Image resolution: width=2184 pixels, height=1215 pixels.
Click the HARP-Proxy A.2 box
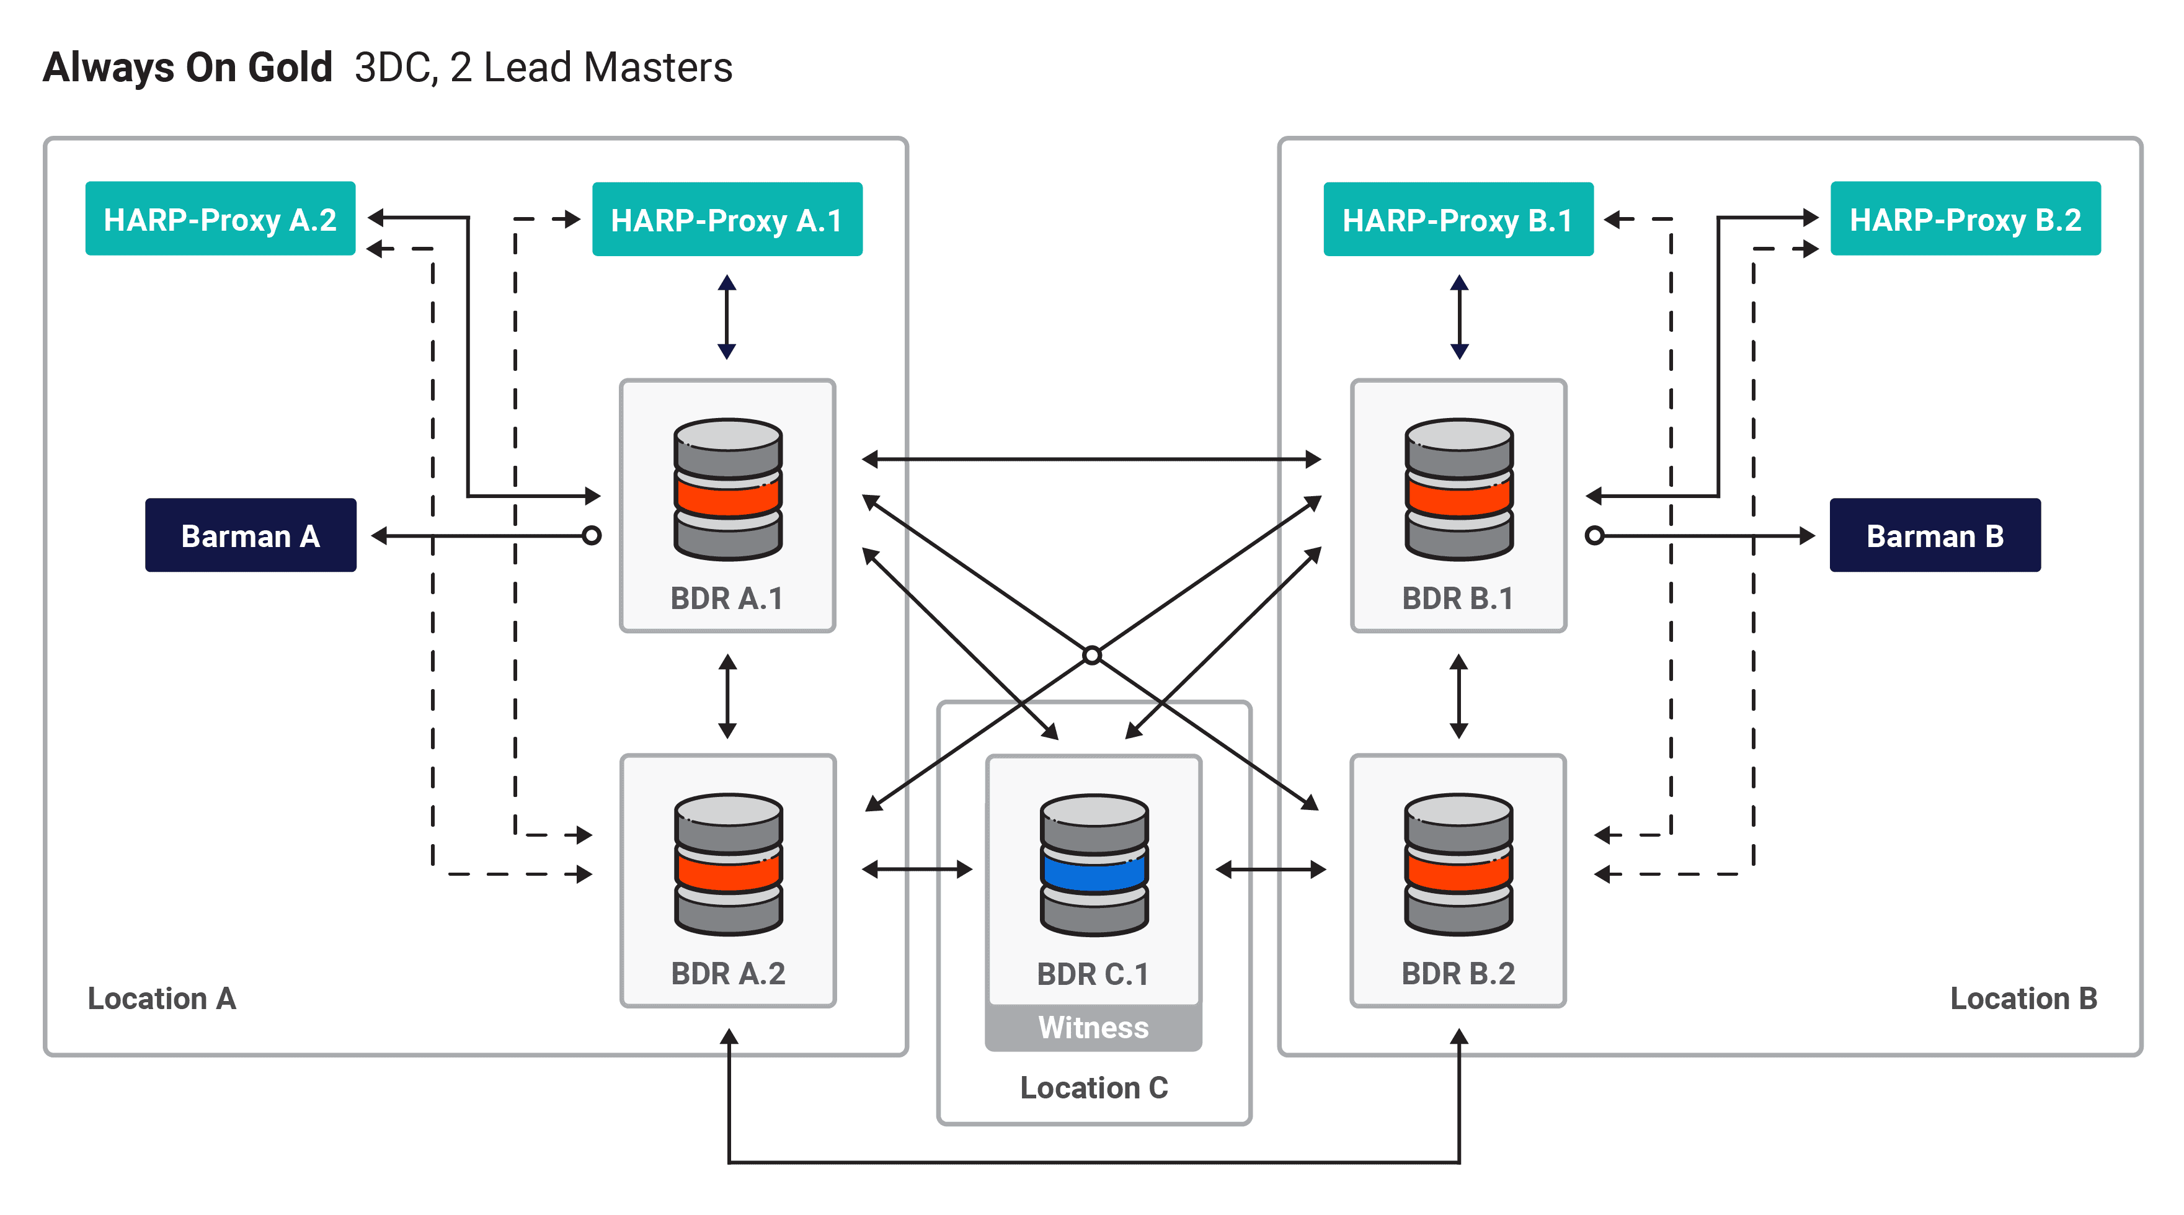tap(220, 219)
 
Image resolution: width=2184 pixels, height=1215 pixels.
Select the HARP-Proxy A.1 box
tap(727, 220)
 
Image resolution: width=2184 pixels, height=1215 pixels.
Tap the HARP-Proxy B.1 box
tap(1457, 220)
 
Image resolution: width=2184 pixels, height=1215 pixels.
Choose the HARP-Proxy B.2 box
tap(1964, 219)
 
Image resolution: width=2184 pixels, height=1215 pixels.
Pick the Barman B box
tap(1934, 535)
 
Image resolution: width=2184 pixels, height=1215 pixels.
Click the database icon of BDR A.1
tap(727, 489)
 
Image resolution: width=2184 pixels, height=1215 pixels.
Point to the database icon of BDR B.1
tap(1458, 489)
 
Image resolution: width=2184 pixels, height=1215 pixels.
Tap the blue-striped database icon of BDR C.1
tap(1094, 865)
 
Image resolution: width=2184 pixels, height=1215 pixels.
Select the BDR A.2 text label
tap(727, 973)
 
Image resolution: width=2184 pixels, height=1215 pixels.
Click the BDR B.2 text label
tap(1457, 973)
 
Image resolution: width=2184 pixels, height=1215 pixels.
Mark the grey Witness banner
tap(1093, 1028)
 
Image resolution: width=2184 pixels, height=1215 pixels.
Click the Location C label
tap(1093, 1088)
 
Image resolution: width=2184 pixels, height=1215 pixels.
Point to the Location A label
tap(162, 999)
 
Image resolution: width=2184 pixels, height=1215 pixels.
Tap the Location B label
tap(2023, 999)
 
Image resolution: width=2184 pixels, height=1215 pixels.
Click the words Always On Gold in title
tap(187, 68)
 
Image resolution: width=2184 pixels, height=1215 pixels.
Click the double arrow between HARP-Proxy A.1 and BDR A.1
tap(727, 317)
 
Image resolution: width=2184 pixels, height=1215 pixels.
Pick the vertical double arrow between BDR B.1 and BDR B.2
tap(1458, 695)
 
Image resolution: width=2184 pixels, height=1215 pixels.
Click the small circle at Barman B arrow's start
tap(1594, 536)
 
